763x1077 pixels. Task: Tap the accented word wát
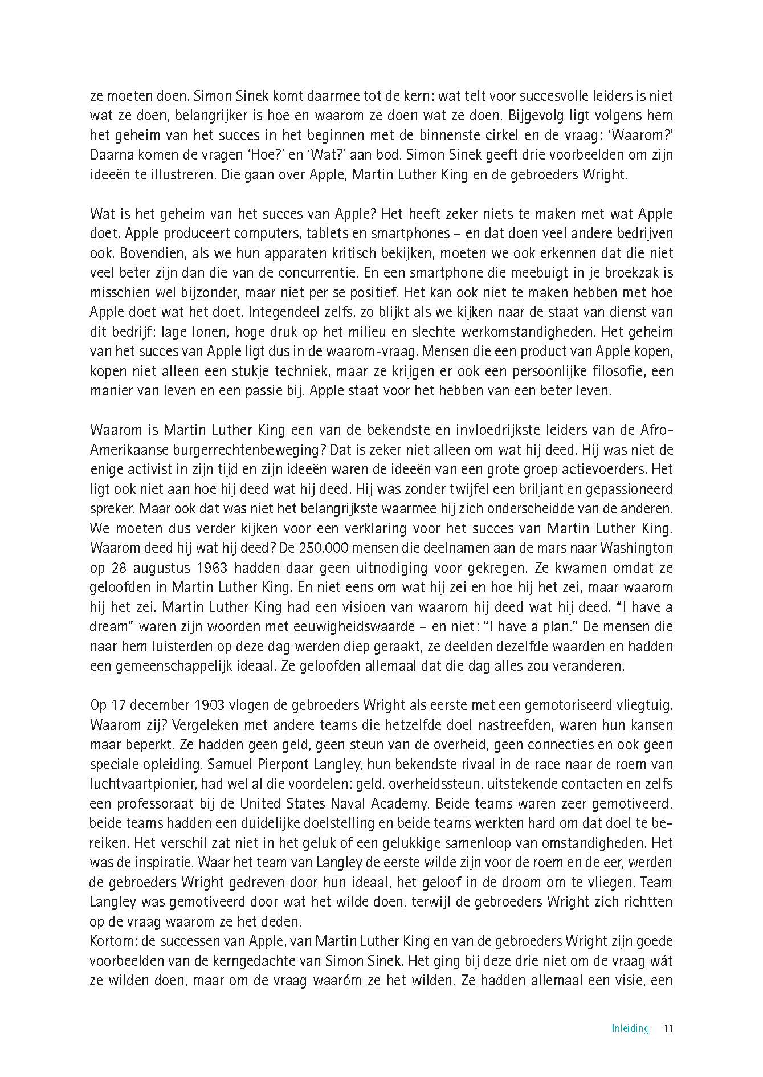(x=662, y=961)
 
